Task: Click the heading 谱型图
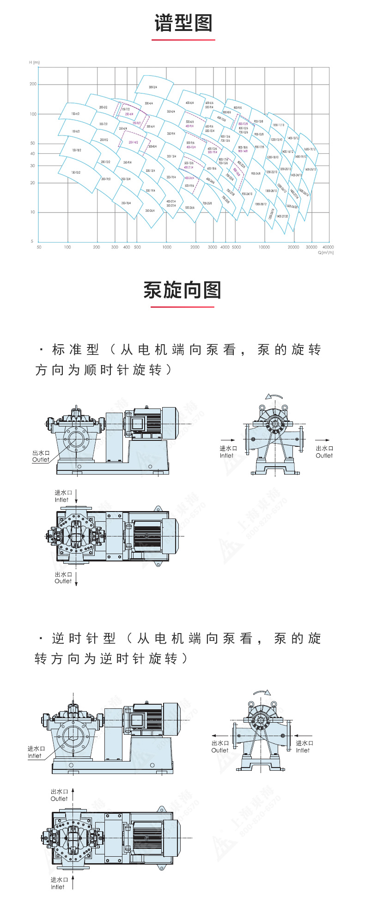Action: (183, 23)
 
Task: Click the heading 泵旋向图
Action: (182, 290)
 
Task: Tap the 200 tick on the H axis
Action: (33, 84)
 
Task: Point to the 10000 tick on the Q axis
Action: (264, 247)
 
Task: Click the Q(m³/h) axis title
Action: (325, 253)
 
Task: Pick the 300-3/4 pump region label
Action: (153, 87)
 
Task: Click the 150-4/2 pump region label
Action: (75, 113)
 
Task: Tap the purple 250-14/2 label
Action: (133, 142)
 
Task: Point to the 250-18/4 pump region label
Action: (126, 203)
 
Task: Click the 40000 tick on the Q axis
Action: (328, 247)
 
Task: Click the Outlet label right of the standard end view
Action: (324, 456)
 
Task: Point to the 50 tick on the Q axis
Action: (39, 247)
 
